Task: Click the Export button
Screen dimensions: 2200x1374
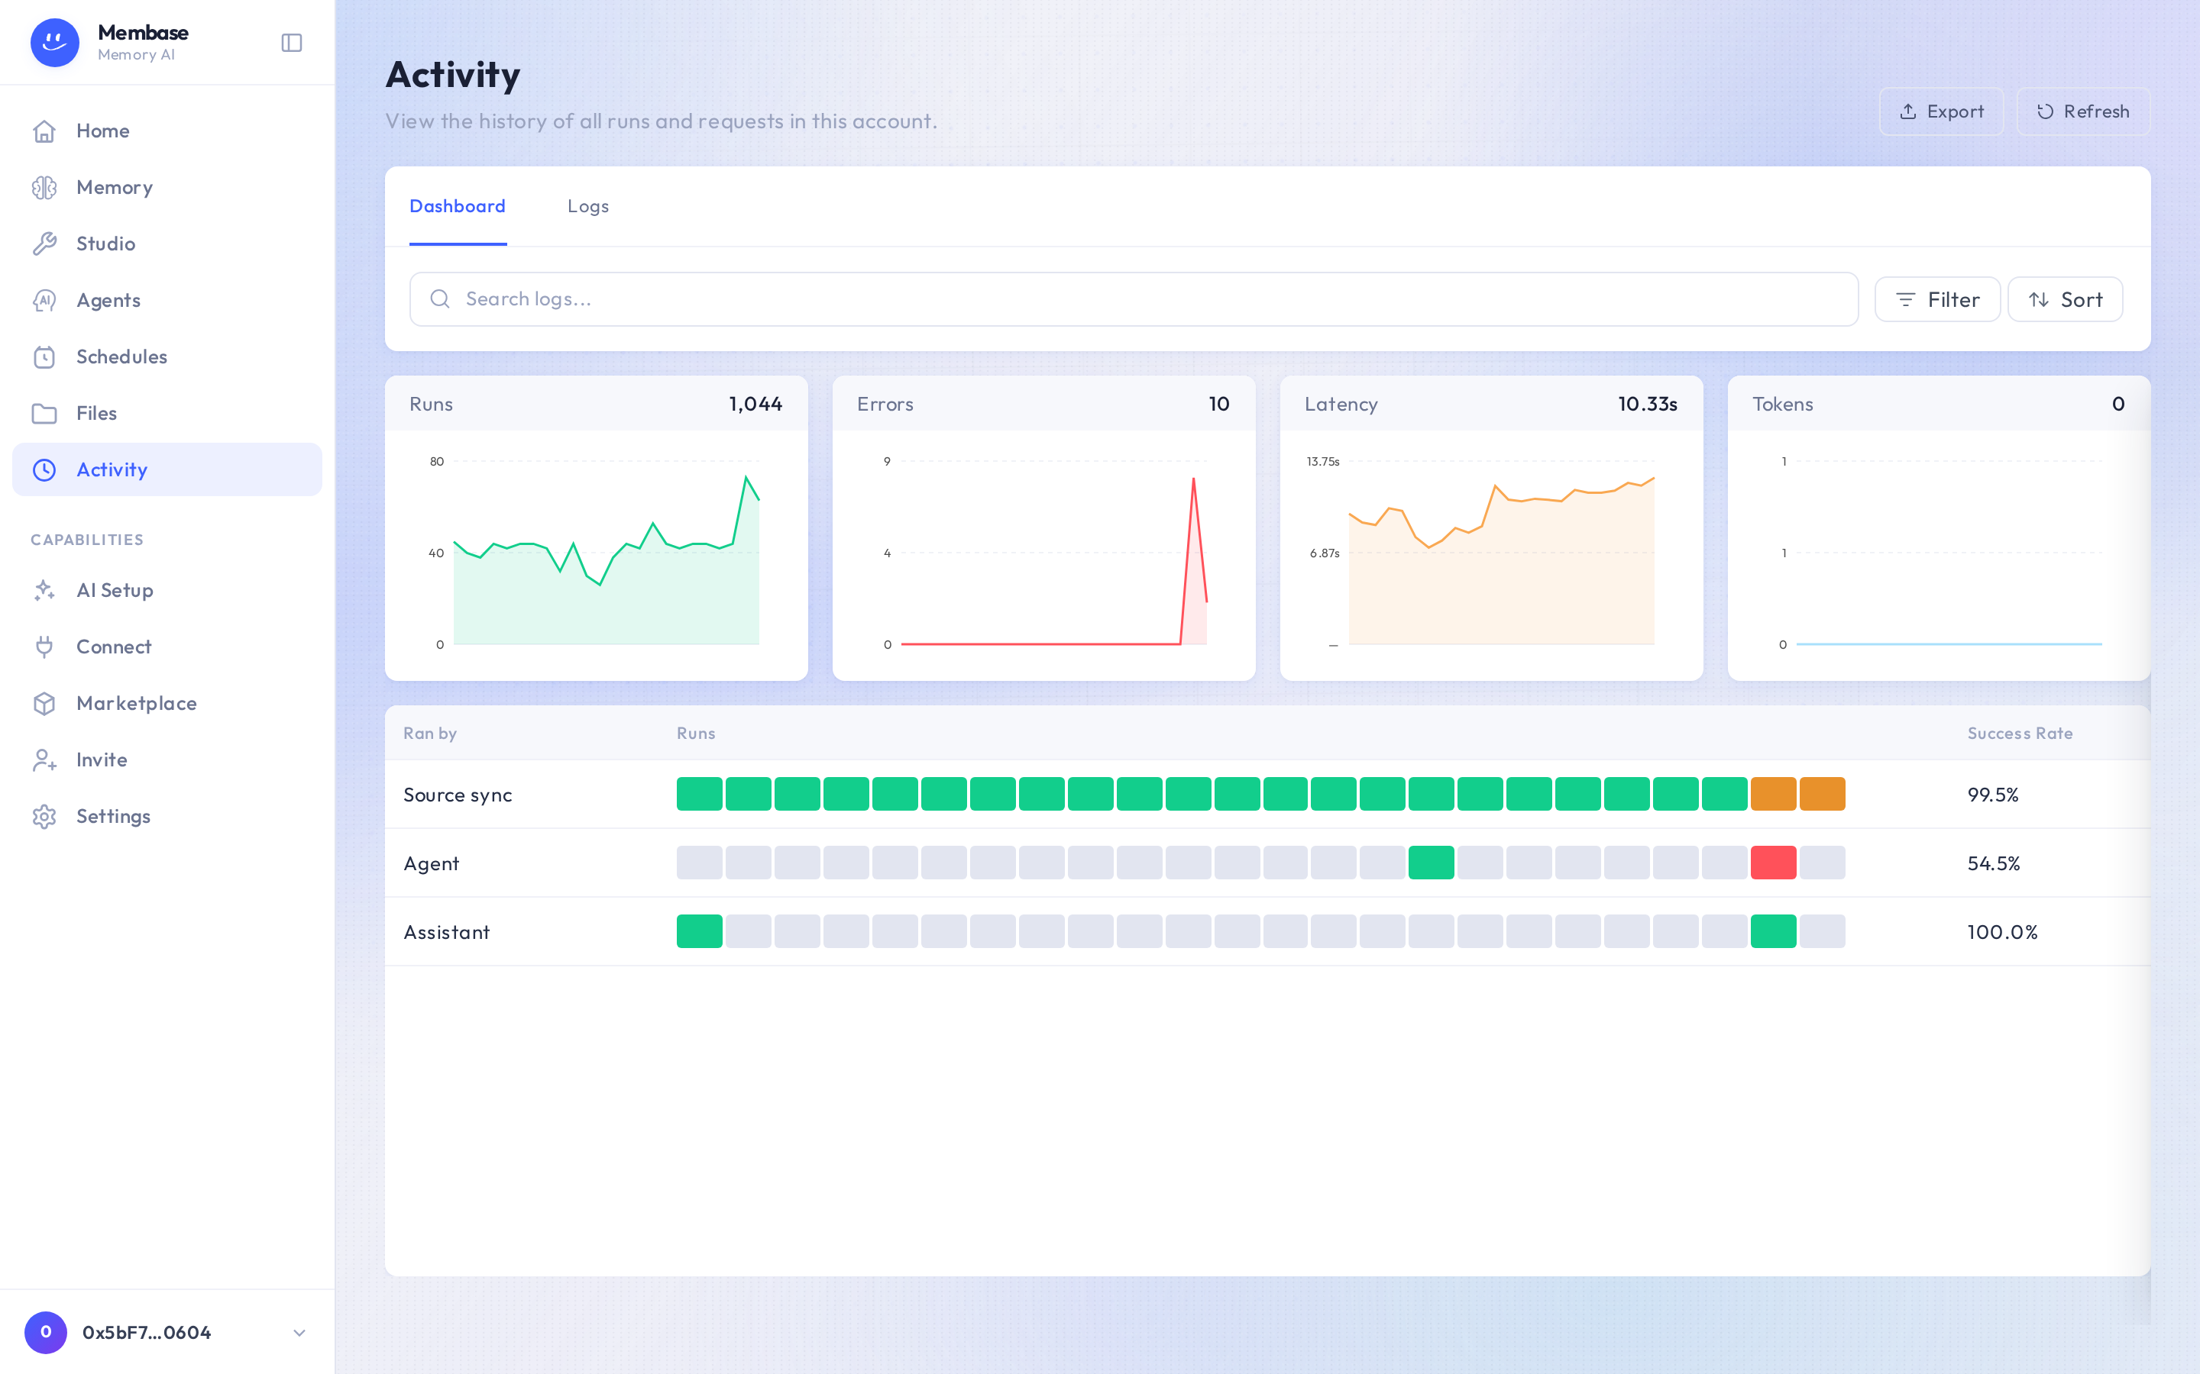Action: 1941,111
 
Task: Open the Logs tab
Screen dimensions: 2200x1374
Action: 588,206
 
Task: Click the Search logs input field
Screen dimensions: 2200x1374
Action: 1134,299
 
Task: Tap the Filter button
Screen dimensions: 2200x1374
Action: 1937,299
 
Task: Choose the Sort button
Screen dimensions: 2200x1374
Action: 2066,299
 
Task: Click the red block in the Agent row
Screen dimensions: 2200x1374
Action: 1774,863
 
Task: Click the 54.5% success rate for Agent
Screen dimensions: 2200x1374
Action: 1994,863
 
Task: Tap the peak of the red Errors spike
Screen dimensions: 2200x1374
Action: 1194,478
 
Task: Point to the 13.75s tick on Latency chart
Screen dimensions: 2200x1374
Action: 1323,462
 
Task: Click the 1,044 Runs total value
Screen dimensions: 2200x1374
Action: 755,404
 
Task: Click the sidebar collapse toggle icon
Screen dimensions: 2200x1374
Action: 292,43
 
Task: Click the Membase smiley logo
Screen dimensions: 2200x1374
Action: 54,43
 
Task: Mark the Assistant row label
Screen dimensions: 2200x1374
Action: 446,931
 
